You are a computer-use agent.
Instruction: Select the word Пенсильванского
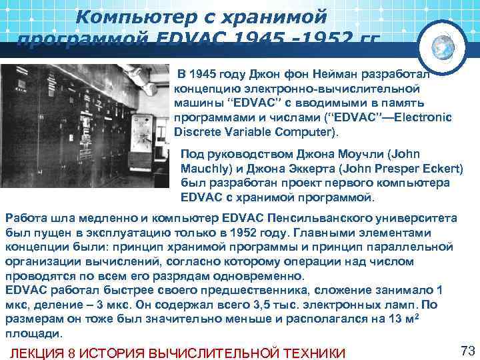pyautogui.click(x=323, y=219)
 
